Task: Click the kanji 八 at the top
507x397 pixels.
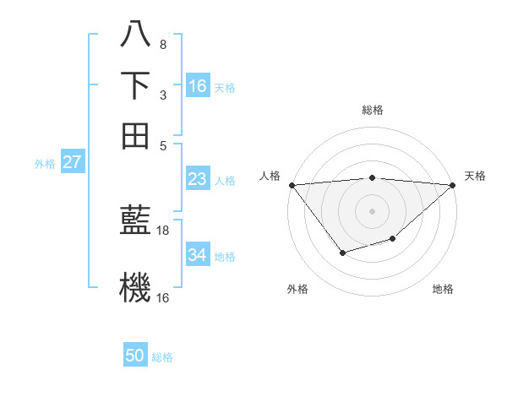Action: pyautogui.click(x=135, y=35)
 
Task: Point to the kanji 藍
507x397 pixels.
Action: pyautogui.click(x=135, y=222)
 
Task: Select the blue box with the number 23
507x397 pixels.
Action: pyautogui.click(x=198, y=179)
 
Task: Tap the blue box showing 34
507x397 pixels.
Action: pyautogui.click(x=198, y=254)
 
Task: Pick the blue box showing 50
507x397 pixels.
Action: pyautogui.click(x=135, y=356)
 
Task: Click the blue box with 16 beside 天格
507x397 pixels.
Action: pyautogui.click(x=198, y=86)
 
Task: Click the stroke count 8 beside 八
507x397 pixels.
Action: pyautogui.click(x=163, y=44)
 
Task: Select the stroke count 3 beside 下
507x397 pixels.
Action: pyautogui.click(x=163, y=95)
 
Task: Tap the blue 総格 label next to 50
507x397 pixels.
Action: pyautogui.click(x=162, y=357)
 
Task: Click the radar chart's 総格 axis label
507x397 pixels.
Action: pyautogui.click(x=372, y=110)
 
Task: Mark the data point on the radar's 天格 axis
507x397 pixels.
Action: pyautogui.click(x=454, y=185)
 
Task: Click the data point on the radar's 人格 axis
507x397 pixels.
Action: pyautogui.click(x=291, y=185)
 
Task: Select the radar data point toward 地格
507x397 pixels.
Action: pyautogui.click(x=393, y=239)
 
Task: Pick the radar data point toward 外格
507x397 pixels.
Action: pyautogui.click(x=342, y=253)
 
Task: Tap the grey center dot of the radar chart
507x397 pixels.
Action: pyautogui.click(x=372, y=210)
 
